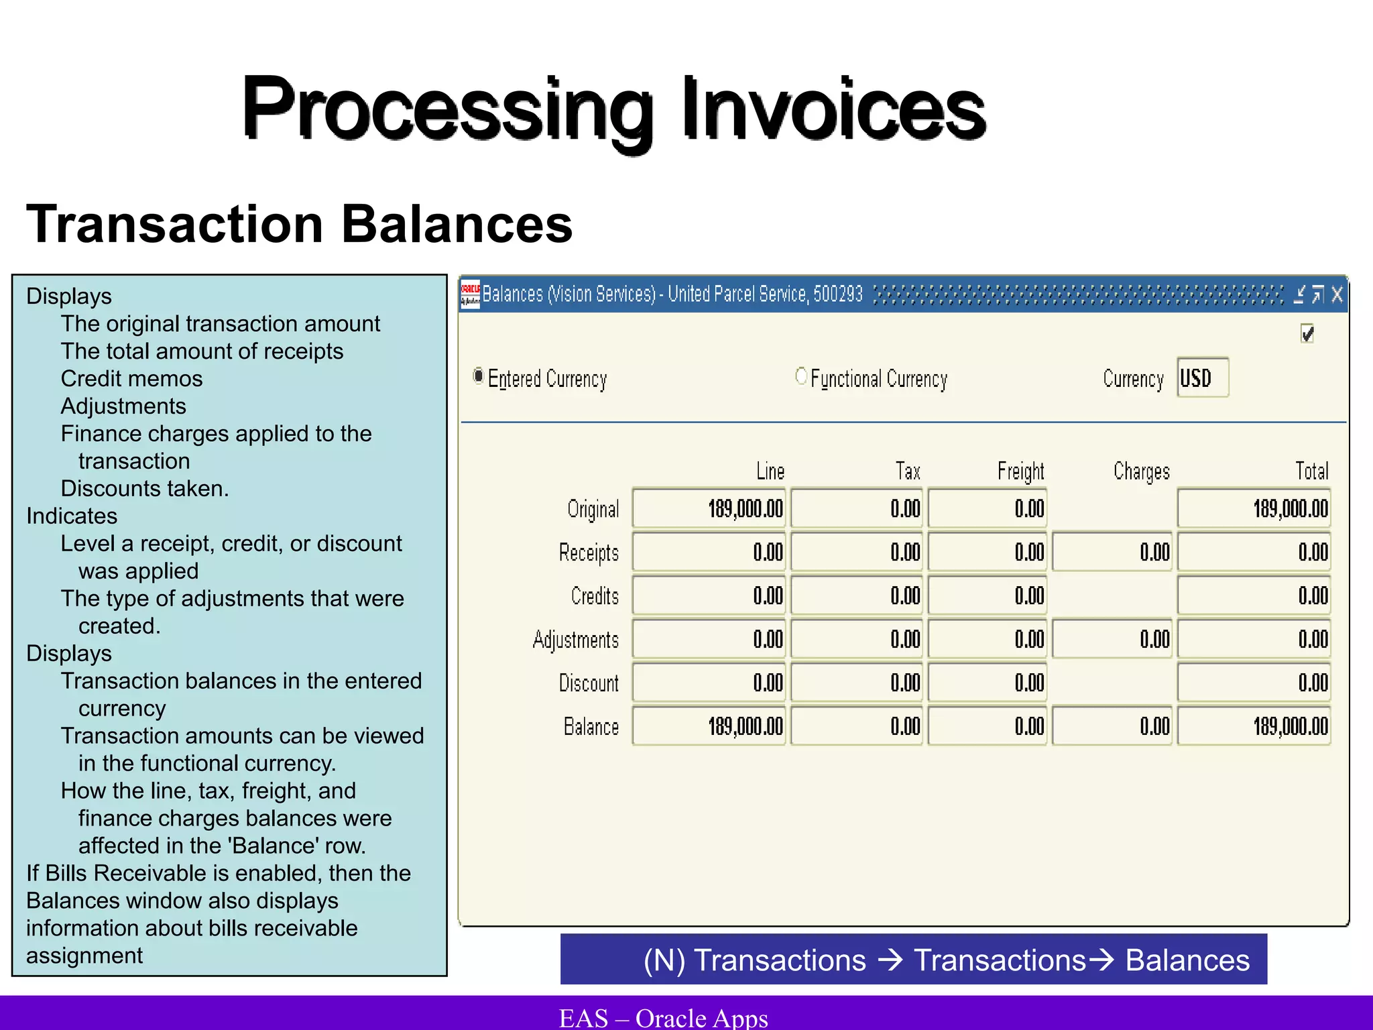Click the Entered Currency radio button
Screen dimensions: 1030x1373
click(x=478, y=376)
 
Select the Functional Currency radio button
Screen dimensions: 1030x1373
click(x=800, y=376)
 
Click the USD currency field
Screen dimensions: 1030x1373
click(x=1203, y=378)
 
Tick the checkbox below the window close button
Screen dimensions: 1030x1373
click(x=1307, y=333)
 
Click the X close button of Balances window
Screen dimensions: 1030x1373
click(x=1337, y=294)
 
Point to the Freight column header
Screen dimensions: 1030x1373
click(x=1020, y=471)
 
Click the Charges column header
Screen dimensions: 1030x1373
click(x=1141, y=471)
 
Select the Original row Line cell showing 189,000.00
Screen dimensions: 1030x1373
click(x=709, y=509)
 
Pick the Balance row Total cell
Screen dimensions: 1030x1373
click(x=1254, y=726)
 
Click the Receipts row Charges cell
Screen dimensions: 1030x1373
click(x=1112, y=552)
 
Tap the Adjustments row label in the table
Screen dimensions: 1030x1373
click(x=575, y=640)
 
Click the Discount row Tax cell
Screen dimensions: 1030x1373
click(x=857, y=683)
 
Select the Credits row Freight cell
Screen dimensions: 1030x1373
click(x=988, y=595)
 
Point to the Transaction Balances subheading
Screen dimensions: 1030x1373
click(x=299, y=224)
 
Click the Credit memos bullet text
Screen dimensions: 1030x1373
click(x=131, y=379)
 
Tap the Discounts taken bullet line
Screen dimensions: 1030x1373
click(x=145, y=489)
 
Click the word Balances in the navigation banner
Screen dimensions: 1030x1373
click(x=1187, y=960)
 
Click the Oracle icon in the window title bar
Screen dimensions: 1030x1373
click(x=470, y=294)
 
